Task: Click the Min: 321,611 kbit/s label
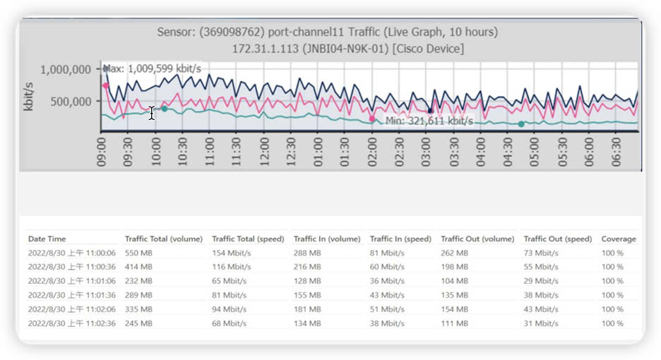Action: pos(429,121)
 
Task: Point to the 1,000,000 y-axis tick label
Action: pos(66,69)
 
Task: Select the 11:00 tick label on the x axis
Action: pos(209,151)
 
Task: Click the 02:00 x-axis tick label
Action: pos(371,151)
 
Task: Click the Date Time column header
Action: pos(47,239)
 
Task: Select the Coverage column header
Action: pos(619,239)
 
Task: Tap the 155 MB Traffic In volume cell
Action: pos(306,294)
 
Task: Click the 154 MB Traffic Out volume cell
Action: pos(454,308)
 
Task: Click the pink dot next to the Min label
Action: pos(372,119)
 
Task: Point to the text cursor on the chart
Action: pos(151,113)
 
